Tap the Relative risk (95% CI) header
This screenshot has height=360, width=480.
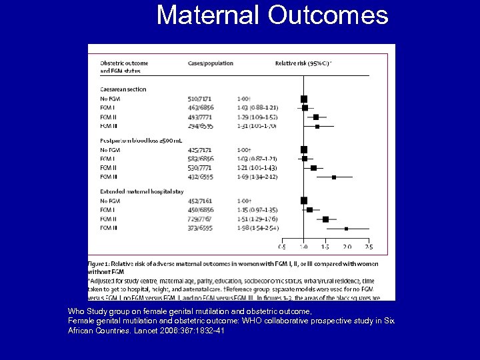coord(303,63)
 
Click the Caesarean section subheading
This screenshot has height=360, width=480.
coord(123,89)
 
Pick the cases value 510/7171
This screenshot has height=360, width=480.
coord(201,99)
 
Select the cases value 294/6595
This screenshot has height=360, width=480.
coord(201,125)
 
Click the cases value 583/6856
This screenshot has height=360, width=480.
coord(201,159)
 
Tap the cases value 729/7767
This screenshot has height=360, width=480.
coord(201,219)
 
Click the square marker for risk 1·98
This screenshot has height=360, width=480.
coord(346,229)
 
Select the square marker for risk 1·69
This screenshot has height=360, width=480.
coord(334,177)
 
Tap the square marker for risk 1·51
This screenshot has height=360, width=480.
coord(325,219)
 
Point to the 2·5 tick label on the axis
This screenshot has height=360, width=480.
coord(368,247)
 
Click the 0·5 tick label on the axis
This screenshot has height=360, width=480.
coord(283,247)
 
